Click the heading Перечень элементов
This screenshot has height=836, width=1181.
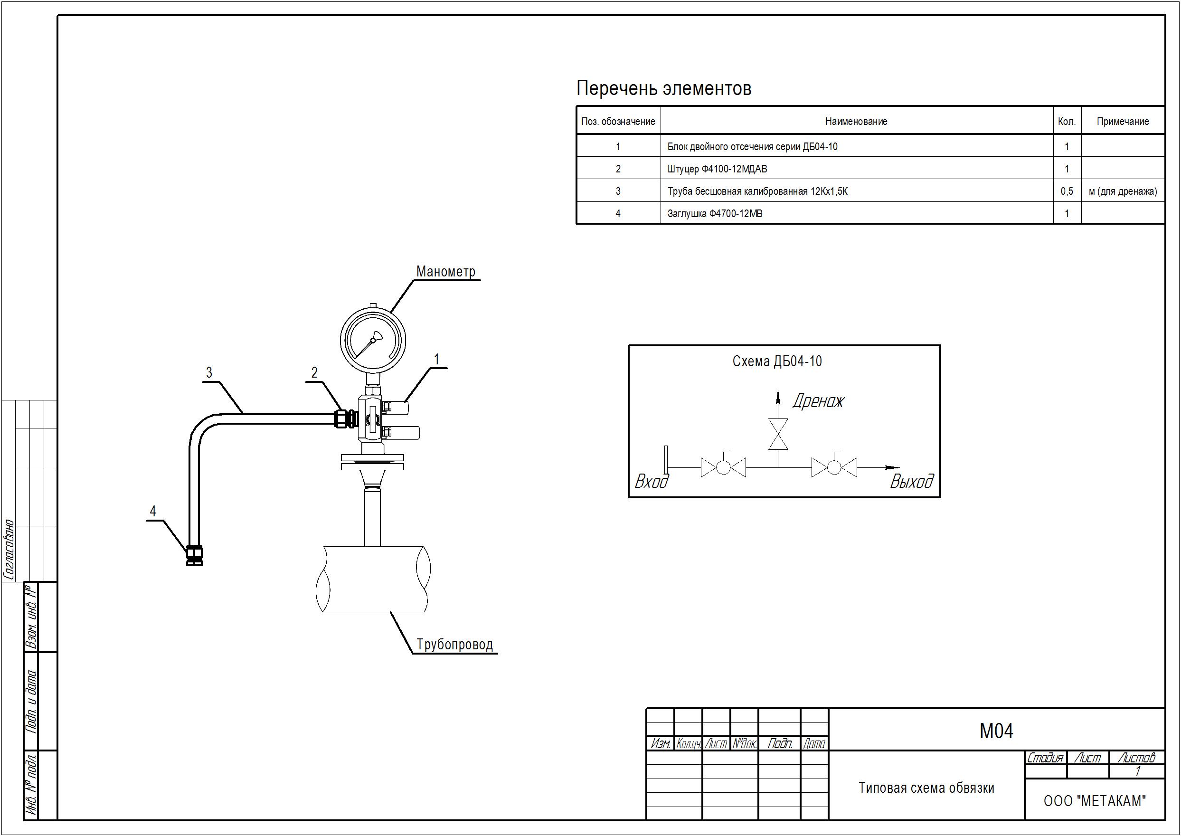663,88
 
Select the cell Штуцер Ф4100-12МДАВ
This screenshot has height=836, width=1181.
717,169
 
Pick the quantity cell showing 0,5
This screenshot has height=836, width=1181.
1067,191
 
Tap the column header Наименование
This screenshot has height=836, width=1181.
856,122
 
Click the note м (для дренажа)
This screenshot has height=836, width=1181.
1123,191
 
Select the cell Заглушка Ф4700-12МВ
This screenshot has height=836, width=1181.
715,214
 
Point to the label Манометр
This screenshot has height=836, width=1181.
445,271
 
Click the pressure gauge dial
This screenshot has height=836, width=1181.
373,340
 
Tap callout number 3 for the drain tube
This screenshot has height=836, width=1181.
209,373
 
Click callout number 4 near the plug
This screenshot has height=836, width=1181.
153,511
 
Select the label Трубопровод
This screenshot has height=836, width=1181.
455,645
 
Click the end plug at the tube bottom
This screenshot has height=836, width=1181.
195,555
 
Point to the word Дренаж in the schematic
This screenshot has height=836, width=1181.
818,400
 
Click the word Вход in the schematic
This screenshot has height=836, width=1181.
652,481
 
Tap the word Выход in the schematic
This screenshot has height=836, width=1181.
911,481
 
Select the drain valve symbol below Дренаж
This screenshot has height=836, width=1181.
777,434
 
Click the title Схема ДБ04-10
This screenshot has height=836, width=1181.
777,361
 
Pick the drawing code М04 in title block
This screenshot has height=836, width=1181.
996,731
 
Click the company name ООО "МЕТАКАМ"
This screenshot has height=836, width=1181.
1095,801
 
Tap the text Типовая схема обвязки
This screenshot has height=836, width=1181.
926,788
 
